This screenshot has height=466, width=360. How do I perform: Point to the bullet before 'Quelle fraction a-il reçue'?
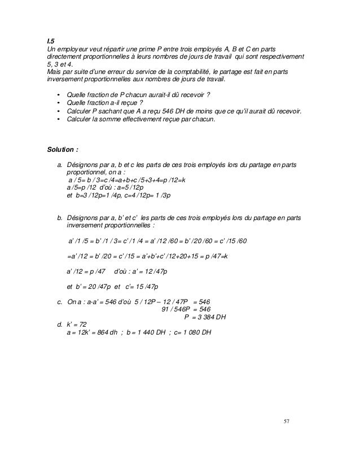click(x=58, y=103)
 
